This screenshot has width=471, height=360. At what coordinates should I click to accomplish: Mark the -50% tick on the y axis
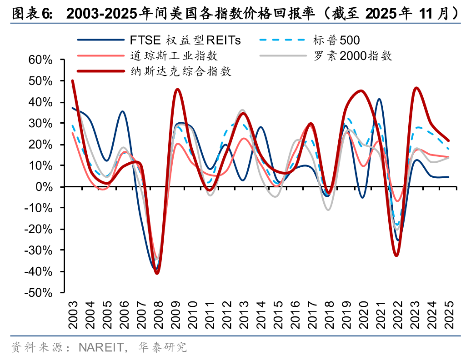(42, 293)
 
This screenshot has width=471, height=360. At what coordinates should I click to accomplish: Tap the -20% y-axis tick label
(42, 229)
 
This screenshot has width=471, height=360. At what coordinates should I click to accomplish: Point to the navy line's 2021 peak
(379, 99)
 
